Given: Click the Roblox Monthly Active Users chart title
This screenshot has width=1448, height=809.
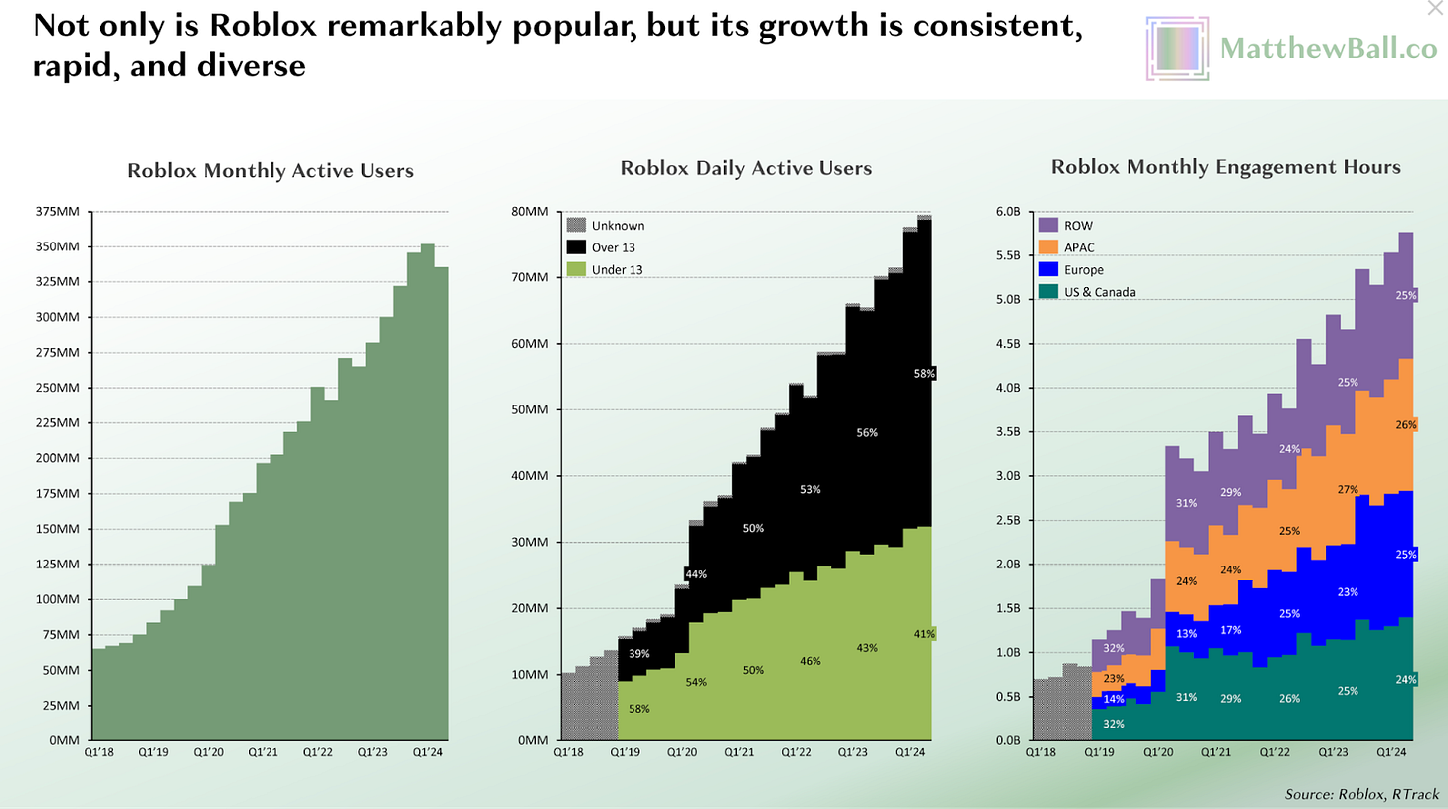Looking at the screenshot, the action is tap(271, 171).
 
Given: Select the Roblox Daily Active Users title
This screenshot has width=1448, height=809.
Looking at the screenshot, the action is tap(746, 168).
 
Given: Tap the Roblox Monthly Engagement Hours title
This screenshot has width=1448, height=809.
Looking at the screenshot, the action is tap(1225, 167).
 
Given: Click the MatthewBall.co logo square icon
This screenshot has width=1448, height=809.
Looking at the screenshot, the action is tap(1177, 49).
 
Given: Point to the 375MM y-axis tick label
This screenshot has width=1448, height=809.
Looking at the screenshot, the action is tap(58, 212).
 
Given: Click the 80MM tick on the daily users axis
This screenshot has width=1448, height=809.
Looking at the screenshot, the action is tap(529, 212).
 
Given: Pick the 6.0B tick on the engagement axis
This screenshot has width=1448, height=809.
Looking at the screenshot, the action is tap(1008, 212).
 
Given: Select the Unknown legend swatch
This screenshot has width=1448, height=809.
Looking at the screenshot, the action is tap(576, 225).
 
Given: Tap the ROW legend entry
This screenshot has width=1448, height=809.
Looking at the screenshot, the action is tap(1066, 225).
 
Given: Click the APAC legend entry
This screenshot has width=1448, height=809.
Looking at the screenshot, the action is tap(1067, 247).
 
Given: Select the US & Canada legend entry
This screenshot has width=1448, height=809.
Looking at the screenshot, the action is tap(1087, 292).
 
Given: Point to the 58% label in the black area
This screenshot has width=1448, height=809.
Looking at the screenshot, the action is tap(925, 374).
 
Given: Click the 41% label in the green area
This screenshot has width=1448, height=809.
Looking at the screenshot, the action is tap(925, 634).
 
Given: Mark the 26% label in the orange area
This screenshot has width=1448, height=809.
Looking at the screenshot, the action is tap(1406, 425).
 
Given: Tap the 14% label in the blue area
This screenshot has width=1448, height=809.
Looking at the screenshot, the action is tap(1114, 699).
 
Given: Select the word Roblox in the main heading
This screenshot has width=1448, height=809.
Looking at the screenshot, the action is tap(263, 26).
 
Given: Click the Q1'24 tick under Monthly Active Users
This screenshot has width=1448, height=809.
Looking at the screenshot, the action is tap(428, 752).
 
